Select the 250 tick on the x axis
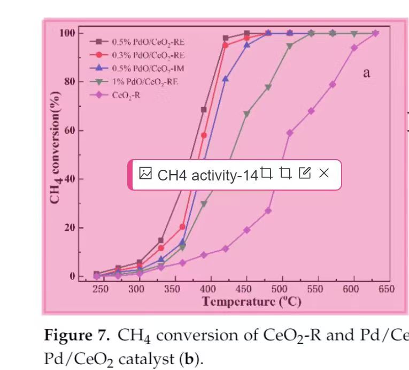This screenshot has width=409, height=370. click(101, 289)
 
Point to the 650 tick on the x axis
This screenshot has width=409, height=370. click(386, 289)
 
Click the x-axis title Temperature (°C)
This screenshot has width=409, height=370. click(251, 301)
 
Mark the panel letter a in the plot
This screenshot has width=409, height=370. click(366, 73)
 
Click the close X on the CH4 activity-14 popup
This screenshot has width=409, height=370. click(323, 173)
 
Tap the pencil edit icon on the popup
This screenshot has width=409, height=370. click(305, 173)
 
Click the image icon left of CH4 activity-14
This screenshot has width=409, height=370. click(145, 173)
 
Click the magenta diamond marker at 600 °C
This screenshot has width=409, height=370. click(354, 48)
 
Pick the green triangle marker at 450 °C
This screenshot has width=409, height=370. click(246, 114)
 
